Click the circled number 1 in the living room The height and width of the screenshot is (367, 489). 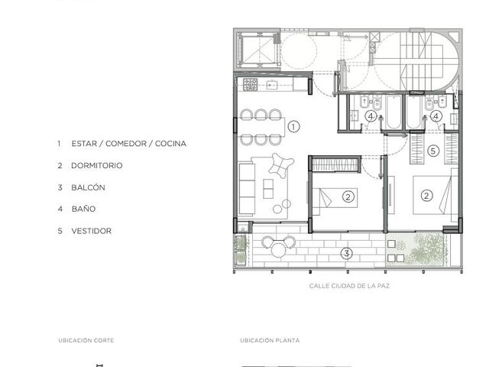[x=293, y=127]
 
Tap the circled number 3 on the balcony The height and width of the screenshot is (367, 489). [x=346, y=253]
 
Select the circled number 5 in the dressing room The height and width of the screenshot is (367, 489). [x=433, y=151]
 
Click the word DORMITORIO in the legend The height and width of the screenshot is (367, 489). [x=97, y=165]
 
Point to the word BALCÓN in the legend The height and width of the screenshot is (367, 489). [x=89, y=187]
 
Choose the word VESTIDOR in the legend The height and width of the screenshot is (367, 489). [x=92, y=231]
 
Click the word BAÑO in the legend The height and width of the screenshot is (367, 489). [x=83, y=209]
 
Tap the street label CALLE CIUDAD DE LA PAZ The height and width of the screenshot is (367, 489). [x=349, y=286]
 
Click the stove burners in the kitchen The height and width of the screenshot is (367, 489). [x=251, y=85]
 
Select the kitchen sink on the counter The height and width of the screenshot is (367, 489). [x=273, y=85]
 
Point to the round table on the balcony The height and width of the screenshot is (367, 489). [x=278, y=250]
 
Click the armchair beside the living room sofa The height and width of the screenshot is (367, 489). [x=281, y=165]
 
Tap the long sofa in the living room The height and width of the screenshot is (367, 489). [x=247, y=188]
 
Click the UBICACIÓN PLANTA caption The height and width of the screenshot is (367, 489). [x=270, y=340]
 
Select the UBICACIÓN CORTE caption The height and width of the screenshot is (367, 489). [x=86, y=340]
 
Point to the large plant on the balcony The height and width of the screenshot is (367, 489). [x=426, y=248]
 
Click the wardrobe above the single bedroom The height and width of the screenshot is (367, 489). [x=336, y=164]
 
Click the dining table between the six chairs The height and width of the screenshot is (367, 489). [x=262, y=127]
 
